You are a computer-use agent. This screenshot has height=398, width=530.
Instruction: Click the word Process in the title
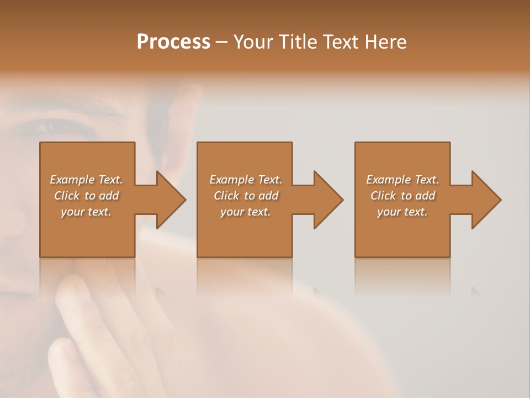(173, 42)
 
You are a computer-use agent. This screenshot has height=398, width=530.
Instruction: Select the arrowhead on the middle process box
(327, 200)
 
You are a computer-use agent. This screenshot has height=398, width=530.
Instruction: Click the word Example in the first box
(71, 180)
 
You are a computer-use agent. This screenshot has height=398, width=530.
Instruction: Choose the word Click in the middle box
(227, 196)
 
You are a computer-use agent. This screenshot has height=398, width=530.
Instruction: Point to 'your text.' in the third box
(402, 212)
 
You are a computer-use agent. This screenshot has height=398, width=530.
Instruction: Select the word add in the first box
(109, 196)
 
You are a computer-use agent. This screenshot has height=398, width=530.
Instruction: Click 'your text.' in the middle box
(245, 212)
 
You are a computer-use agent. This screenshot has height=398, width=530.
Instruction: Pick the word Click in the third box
(384, 196)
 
